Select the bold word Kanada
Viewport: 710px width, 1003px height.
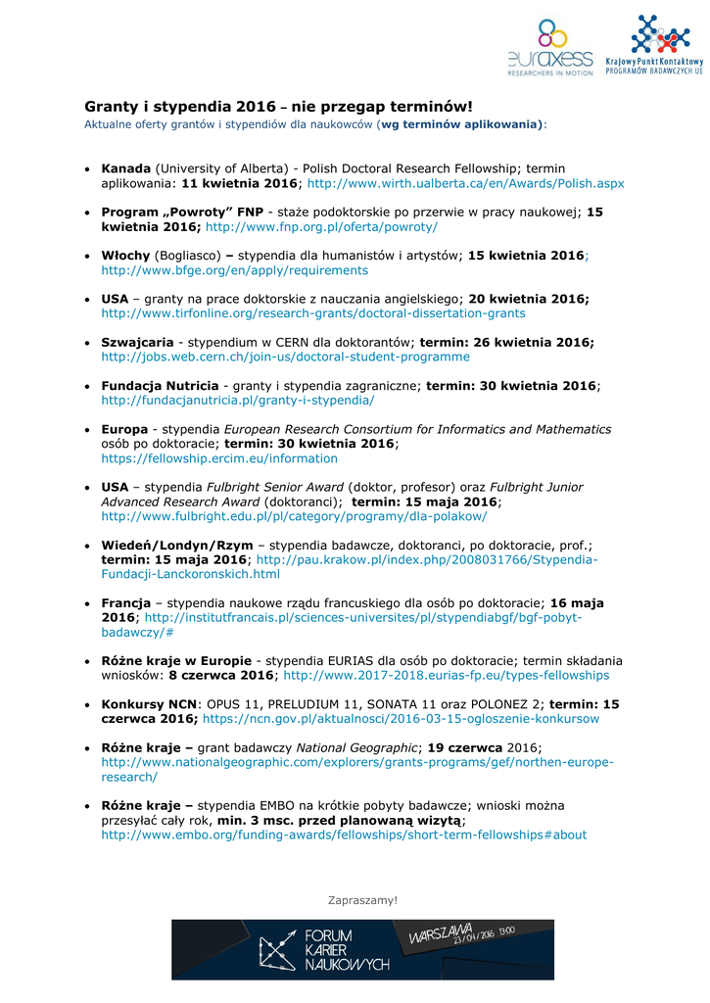[126, 168]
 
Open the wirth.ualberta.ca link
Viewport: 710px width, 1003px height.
[466, 183]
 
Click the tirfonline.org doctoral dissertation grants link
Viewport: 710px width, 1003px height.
[313, 313]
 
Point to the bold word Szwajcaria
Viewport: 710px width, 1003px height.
[138, 342]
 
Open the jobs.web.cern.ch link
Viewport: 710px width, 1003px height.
[285, 357]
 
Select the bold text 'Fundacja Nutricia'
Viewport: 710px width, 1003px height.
[160, 386]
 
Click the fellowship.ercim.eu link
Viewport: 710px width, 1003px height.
[219, 457]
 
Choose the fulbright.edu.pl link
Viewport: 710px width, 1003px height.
[294, 515]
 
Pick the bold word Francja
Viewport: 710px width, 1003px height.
[125, 602]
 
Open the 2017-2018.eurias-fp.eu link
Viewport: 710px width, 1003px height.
[446, 675]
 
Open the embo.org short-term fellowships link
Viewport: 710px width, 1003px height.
[344, 835]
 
